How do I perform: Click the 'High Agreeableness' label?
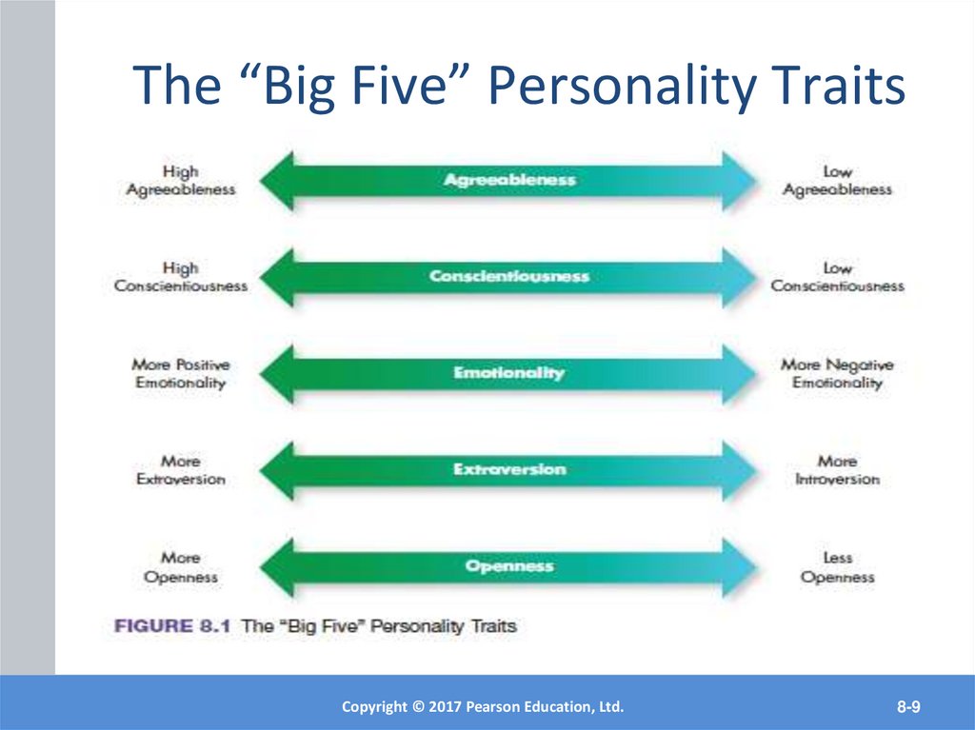[180, 181]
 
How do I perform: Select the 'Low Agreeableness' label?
[837, 181]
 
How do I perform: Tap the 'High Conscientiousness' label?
[180, 277]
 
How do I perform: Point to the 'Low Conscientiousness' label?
[837, 277]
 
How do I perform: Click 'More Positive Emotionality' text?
[180, 374]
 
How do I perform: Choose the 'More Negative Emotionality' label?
[837, 374]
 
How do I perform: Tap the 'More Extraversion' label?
[180, 470]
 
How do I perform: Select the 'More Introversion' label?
[837, 470]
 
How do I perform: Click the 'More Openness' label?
[180, 567]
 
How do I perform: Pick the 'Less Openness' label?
[837, 567]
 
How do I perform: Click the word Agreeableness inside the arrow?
[509, 179]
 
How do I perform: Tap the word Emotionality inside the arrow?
[509, 373]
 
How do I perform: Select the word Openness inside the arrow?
[509, 566]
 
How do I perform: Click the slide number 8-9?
[907, 706]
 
